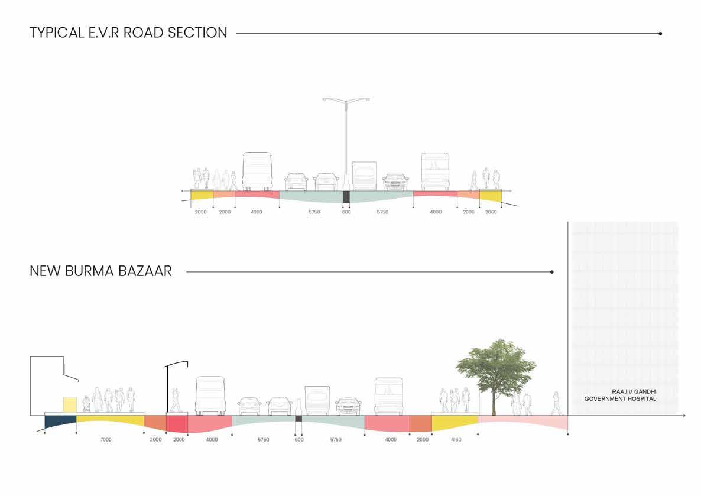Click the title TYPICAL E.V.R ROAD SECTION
(x=128, y=33)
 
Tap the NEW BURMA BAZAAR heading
(x=100, y=271)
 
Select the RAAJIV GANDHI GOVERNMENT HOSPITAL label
(x=620, y=395)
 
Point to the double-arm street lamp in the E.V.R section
(x=346, y=142)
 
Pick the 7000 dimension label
(x=106, y=440)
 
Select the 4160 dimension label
(x=456, y=440)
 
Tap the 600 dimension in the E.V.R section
(x=346, y=212)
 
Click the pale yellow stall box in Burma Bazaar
(x=69, y=404)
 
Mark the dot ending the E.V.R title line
(x=660, y=34)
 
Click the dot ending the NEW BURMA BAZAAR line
(x=551, y=272)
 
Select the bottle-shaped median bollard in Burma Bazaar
(x=298, y=407)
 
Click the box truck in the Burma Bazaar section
(x=317, y=400)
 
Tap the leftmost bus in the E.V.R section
(x=257, y=171)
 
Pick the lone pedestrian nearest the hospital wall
(x=556, y=403)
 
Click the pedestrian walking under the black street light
(x=176, y=400)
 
